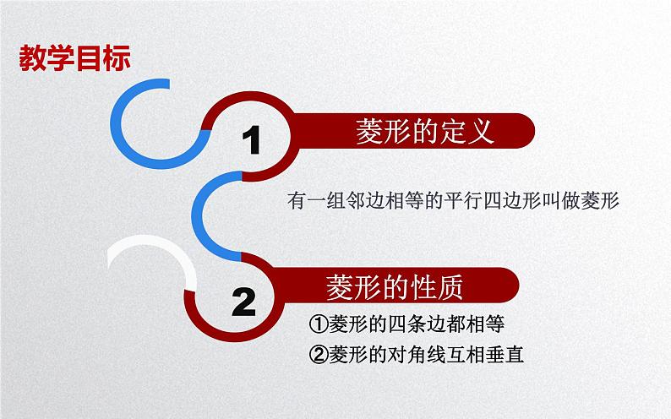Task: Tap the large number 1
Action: click(x=252, y=140)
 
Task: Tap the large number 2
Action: click(x=243, y=300)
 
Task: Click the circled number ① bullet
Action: click(x=318, y=324)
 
